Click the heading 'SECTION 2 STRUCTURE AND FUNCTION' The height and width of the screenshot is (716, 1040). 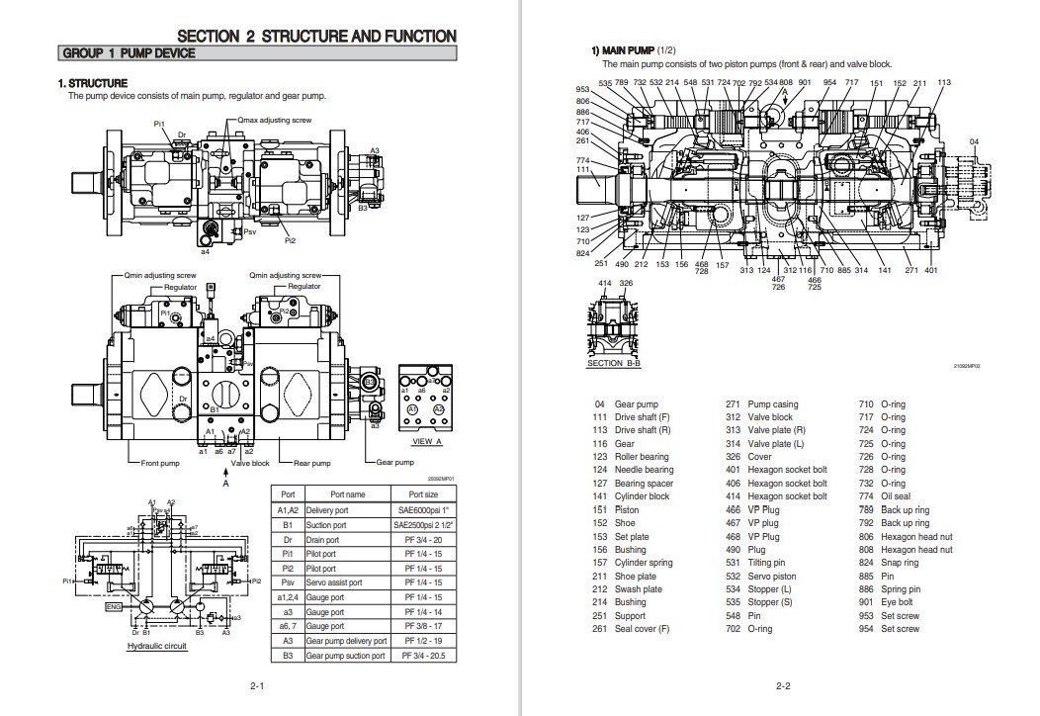316,36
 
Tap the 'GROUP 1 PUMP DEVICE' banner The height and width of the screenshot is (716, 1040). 129,53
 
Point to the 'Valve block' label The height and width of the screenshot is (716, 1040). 250,462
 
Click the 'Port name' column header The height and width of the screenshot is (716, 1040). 347,493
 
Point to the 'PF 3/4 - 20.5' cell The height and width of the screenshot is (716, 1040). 422,656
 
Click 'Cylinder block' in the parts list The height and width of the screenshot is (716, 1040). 643,496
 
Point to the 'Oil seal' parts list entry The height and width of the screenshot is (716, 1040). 896,496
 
